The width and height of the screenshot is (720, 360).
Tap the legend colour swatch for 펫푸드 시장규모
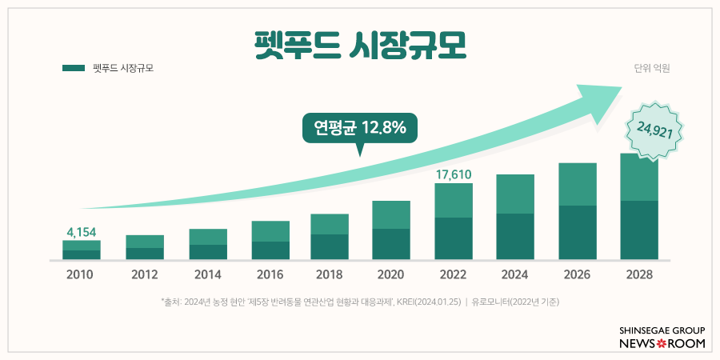pos(74,69)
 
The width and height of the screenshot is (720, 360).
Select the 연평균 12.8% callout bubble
pos(359,128)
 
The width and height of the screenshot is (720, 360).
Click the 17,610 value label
pos(454,173)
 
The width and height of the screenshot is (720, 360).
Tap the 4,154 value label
pos(82,232)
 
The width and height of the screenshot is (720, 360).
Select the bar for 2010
pos(82,250)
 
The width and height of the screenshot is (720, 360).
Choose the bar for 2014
pos(208,245)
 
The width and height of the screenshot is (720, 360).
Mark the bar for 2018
pos(330,237)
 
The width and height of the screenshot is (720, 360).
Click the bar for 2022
pos(454,222)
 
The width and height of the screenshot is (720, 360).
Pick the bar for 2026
pos(578,212)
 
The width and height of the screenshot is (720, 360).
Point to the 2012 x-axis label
pos(145,275)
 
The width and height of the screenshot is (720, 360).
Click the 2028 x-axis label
pos(639,275)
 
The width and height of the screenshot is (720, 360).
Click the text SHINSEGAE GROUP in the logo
pos(663,330)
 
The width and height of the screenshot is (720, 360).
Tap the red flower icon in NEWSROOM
pos(662,343)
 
